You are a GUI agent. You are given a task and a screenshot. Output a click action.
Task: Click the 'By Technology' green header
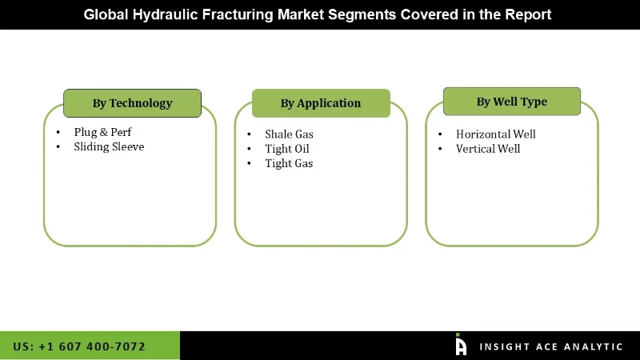click(x=132, y=103)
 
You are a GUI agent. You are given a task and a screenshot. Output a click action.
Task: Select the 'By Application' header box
click(x=321, y=103)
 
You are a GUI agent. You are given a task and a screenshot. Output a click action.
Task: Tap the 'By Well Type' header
click(x=512, y=102)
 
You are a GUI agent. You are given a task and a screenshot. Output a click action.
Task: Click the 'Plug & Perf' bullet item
click(x=102, y=132)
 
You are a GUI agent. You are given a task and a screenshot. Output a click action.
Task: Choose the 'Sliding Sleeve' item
click(x=109, y=146)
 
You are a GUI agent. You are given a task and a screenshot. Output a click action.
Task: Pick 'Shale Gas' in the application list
click(x=289, y=134)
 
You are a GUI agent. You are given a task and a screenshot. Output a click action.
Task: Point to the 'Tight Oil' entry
click(x=286, y=149)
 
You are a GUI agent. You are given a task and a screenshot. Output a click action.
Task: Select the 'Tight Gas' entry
click(x=289, y=163)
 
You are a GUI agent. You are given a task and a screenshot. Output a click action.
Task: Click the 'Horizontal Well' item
click(x=495, y=134)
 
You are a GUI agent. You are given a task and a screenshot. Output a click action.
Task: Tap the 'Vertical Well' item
click(x=488, y=149)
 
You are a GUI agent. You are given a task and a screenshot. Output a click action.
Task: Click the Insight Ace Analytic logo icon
click(x=461, y=345)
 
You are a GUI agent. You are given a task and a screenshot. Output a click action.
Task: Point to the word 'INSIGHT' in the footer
click(x=502, y=346)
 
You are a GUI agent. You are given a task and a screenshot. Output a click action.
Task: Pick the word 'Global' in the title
click(x=109, y=14)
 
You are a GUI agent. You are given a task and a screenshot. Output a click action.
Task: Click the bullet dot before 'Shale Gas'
click(x=248, y=134)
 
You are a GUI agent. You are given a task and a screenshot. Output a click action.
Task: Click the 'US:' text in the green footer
click(x=23, y=346)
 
